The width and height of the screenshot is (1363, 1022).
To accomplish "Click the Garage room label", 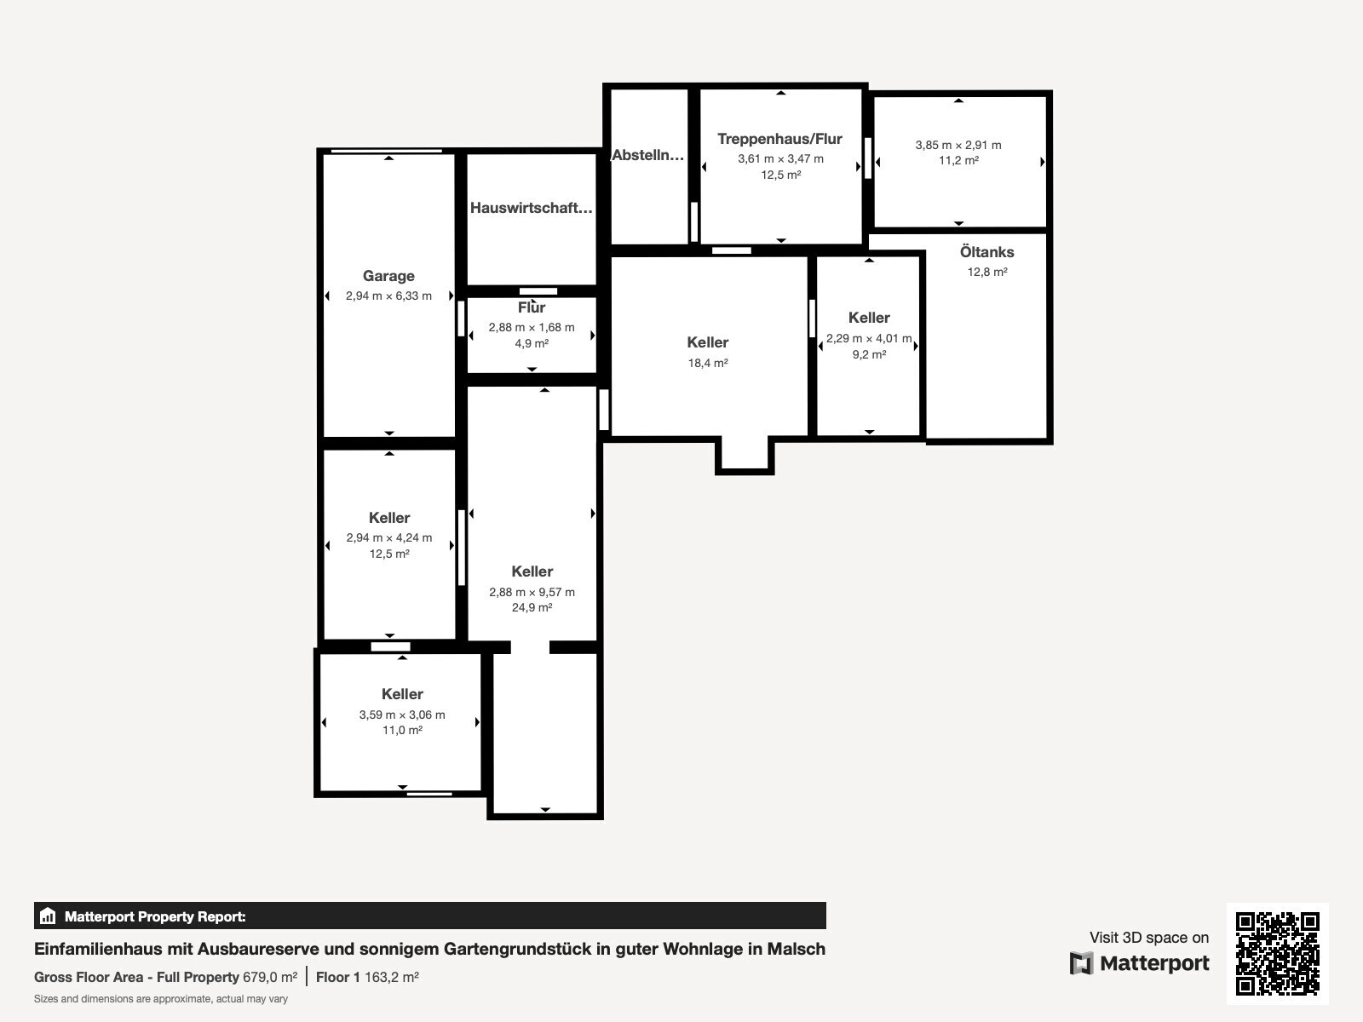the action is (x=388, y=275).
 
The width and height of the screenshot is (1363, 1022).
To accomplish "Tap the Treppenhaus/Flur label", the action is (x=780, y=139).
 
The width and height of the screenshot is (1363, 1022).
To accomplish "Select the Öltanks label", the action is (x=986, y=252).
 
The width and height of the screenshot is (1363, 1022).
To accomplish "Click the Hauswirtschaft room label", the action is (x=531, y=208).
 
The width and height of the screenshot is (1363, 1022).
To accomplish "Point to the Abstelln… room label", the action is (x=647, y=155).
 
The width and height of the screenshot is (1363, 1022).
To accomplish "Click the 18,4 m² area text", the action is (x=708, y=363).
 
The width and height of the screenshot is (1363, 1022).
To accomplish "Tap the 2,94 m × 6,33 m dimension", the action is (x=388, y=296).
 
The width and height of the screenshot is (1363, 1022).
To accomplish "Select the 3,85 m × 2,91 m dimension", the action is (x=958, y=145).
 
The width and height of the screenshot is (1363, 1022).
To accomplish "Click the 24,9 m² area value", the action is (x=532, y=607).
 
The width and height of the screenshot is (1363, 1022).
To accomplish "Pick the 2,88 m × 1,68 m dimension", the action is (x=532, y=327).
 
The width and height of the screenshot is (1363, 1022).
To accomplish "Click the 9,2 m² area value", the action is (x=869, y=354).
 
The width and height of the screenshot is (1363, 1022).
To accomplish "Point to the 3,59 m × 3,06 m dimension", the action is (x=402, y=715).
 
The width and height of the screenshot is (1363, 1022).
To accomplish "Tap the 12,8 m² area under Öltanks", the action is (x=987, y=272).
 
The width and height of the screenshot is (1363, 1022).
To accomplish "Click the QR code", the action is (x=1277, y=953).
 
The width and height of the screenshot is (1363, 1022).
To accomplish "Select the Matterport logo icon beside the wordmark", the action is (x=1081, y=963).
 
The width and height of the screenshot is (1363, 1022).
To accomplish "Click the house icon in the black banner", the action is (x=48, y=916).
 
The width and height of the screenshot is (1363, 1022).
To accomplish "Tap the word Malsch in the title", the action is (x=796, y=949).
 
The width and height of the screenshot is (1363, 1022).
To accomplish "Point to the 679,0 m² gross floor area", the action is (x=270, y=978).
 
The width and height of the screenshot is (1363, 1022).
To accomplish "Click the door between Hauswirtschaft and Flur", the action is (x=538, y=291).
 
